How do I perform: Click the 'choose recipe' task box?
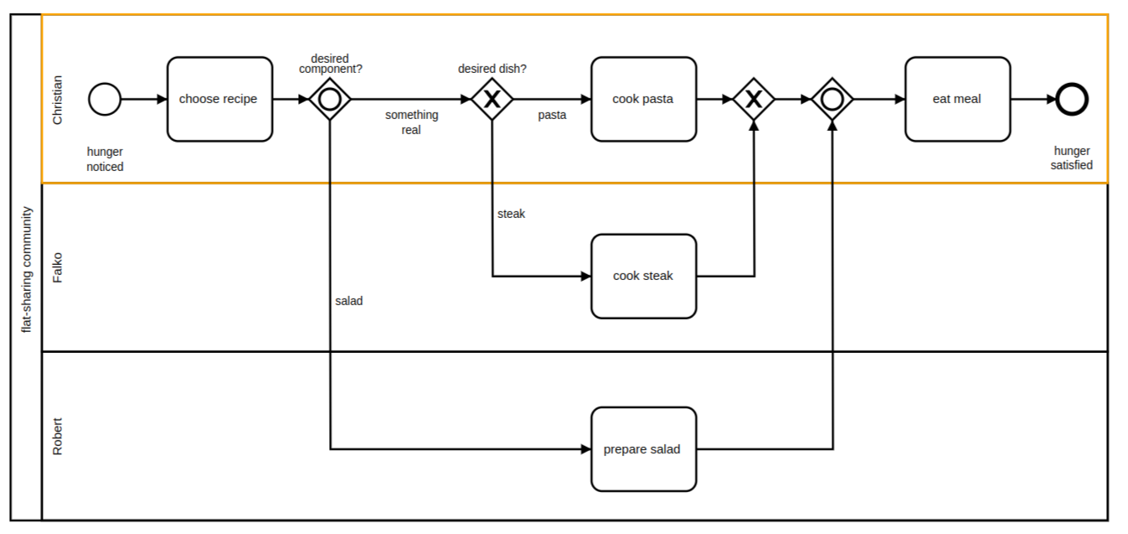pyautogui.click(x=219, y=99)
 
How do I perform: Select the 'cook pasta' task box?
pyautogui.click(x=643, y=99)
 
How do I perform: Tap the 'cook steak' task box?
pyautogui.click(x=643, y=276)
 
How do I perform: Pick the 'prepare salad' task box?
pyautogui.click(x=643, y=449)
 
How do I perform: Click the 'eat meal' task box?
pyautogui.click(x=957, y=99)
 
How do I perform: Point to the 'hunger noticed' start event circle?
pyautogui.click(x=105, y=99)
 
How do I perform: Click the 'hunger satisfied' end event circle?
pyautogui.click(x=1072, y=99)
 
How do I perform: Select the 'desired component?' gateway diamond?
pyautogui.click(x=330, y=99)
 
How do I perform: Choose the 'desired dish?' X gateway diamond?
pyautogui.click(x=492, y=99)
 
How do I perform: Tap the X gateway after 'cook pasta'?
pyautogui.click(x=754, y=99)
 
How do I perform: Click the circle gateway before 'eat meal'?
pyautogui.click(x=832, y=99)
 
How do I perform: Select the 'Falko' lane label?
pyautogui.click(x=57, y=267)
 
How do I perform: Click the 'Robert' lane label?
pyautogui.click(x=57, y=436)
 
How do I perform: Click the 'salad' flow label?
pyautogui.click(x=349, y=301)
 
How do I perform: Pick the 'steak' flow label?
pyautogui.click(x=512, y=214)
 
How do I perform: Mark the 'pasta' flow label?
pyautogui.click(x=552, y=116)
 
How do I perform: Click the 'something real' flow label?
pyautogui.click(x=411, y=122)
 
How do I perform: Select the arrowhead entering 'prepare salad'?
pyautogui.click(x=585, y=449)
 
